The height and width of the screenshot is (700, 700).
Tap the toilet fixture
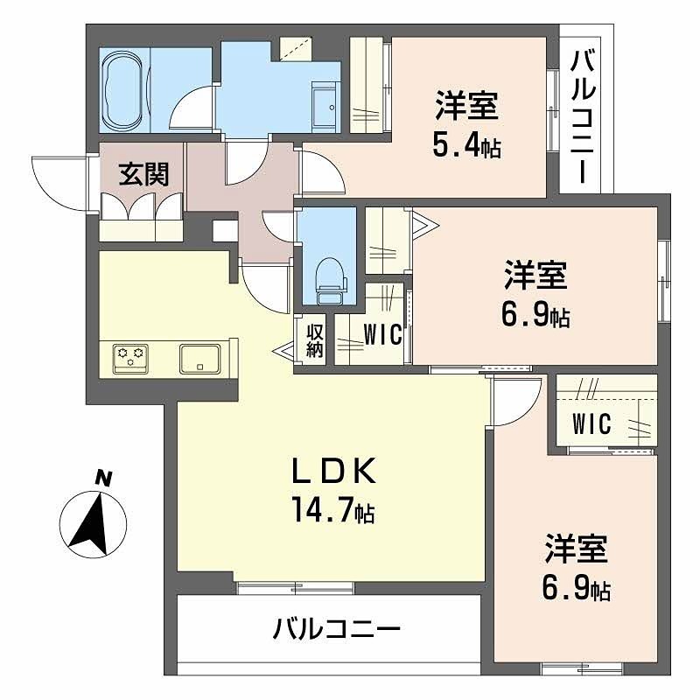click(x=330, y=274)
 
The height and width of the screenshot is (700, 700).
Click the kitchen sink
click(x=199, y=358)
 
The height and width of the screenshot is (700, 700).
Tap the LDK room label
click(x=333, y=472)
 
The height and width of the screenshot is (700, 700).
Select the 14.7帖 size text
click(x=334, y=510)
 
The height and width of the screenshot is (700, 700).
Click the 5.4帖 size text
click(x=466, y=145)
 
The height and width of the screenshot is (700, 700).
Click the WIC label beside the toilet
click(x=382, y=334)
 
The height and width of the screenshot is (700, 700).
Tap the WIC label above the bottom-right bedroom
click(x=591, y=423)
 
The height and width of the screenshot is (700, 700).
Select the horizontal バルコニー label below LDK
click(x=336, y=628)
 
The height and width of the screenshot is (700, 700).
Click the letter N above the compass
click(x=103, y=478)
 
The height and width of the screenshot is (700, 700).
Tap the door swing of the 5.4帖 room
click(x=323, y=172)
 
